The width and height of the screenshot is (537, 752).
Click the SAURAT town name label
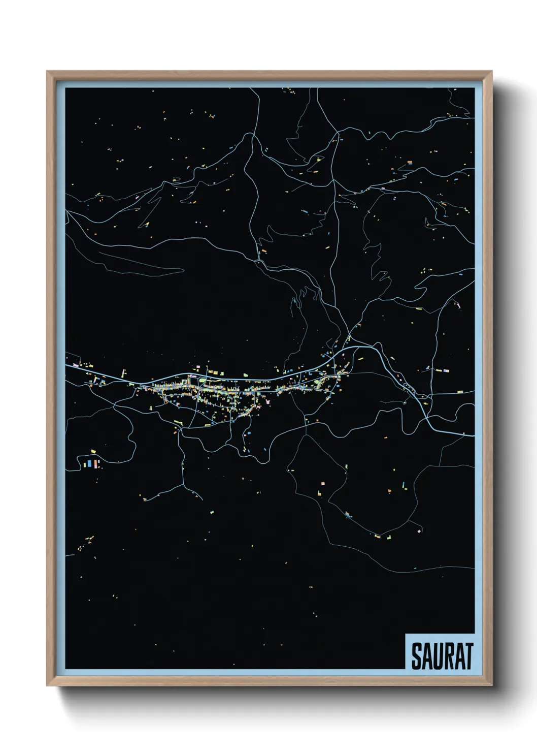click(442, 656)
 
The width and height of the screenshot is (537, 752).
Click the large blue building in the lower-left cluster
click(89, 463)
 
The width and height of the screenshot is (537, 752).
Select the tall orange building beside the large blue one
click(96, 463)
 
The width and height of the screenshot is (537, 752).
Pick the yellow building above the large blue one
click(94, 451)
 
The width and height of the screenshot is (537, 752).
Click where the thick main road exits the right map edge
click(473, 435)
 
